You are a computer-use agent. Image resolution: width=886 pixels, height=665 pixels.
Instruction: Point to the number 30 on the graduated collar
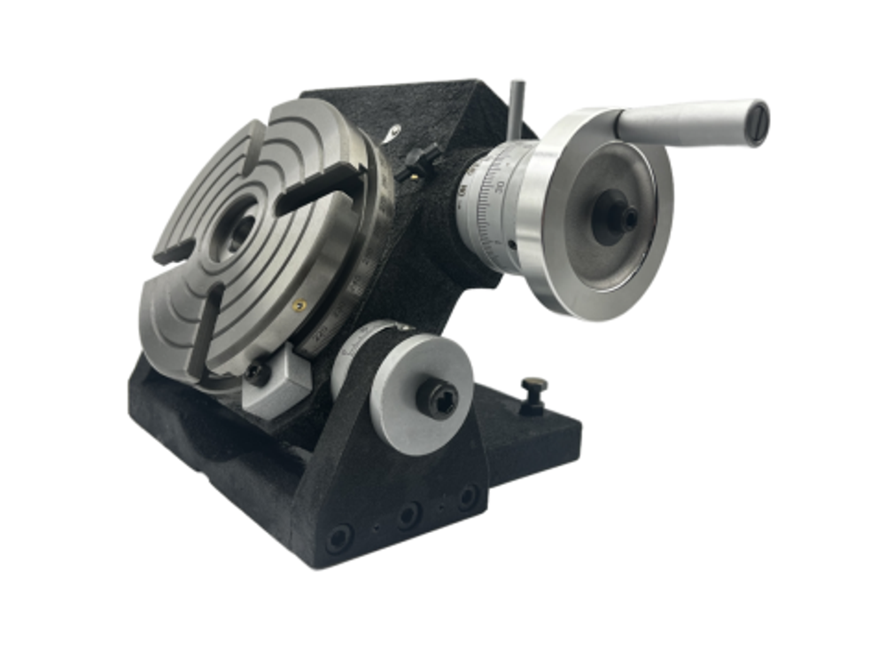[x=500, y=185]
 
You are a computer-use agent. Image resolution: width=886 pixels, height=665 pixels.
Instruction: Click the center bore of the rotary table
[x=240, y=228]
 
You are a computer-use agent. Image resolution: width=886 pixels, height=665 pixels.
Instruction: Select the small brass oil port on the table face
[x=299, y=304]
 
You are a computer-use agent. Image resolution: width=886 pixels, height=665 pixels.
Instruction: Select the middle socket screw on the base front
[x=408, y=514]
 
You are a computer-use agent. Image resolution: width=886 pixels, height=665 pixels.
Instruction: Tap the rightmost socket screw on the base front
[x=467, y=497]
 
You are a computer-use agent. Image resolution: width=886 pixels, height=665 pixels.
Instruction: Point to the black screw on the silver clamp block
[x=258, y=373]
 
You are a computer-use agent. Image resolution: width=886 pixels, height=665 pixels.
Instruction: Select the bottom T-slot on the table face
[x=202, y=337]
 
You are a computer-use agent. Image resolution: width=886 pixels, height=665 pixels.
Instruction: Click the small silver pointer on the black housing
[x=392, y=134]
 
